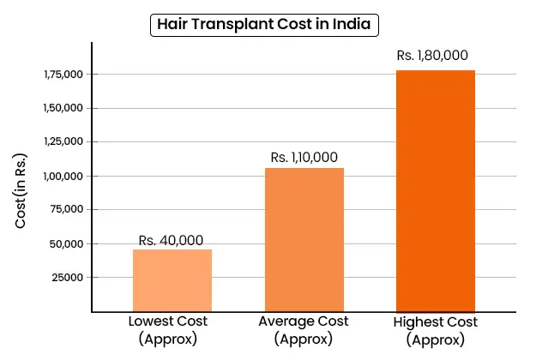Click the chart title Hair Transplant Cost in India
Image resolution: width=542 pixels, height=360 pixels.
[x=265, y=24]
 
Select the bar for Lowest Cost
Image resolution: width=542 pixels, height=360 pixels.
[x=172, y=279]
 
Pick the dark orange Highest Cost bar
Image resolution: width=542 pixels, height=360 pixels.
[x=435, y=189]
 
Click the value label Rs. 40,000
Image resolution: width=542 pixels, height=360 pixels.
[x=172, y=240]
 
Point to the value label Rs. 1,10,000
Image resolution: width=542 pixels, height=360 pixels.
[x=304, y=158]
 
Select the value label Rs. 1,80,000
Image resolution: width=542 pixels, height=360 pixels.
[x=432, y=56]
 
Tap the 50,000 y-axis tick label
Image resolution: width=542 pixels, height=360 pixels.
[x=63, y=243]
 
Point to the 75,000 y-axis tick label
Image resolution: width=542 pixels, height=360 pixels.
[x=63, y=210]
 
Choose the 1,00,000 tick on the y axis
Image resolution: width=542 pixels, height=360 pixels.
[x=61, y=177]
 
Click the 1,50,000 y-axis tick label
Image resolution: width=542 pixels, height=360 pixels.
[x=61, y=109]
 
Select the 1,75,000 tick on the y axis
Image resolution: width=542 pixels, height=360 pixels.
[x=61, y=75]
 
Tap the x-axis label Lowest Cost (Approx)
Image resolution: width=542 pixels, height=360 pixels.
[x=168, y=329]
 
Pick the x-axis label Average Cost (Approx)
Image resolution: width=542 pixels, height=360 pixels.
[x=304, y=329]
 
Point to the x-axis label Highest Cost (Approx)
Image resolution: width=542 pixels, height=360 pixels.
[x=435, y=330]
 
